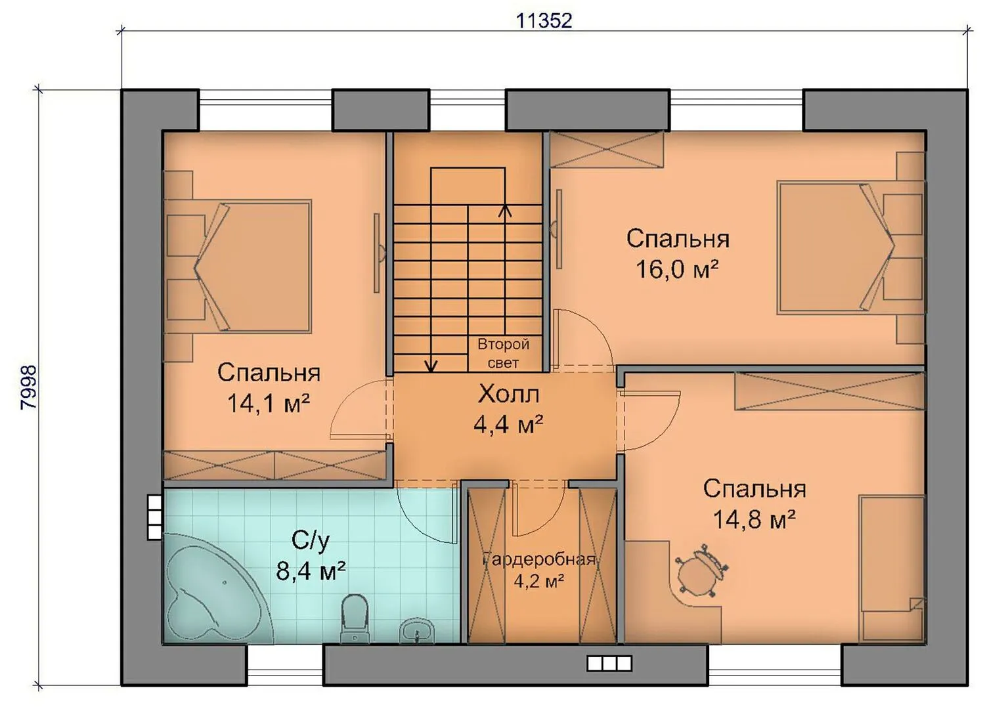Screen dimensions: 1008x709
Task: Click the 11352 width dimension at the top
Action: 544,21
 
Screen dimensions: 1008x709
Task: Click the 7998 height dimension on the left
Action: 29,387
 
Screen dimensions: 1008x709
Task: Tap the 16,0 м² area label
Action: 677,270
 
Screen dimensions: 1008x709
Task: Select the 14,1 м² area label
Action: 269,403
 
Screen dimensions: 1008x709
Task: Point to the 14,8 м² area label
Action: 755,520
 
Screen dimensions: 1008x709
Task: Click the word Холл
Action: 508,395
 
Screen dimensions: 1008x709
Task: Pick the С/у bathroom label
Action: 311,541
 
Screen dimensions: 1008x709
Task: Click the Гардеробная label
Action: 539,560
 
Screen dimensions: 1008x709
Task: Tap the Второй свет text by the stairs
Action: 503,354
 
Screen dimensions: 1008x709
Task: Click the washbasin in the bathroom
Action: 417,629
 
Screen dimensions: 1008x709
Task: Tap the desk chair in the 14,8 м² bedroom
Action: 701,571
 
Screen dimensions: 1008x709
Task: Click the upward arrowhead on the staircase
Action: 506,210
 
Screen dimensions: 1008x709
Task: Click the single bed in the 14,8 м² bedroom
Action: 892,569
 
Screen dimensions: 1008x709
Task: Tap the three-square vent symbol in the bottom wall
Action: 609,664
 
